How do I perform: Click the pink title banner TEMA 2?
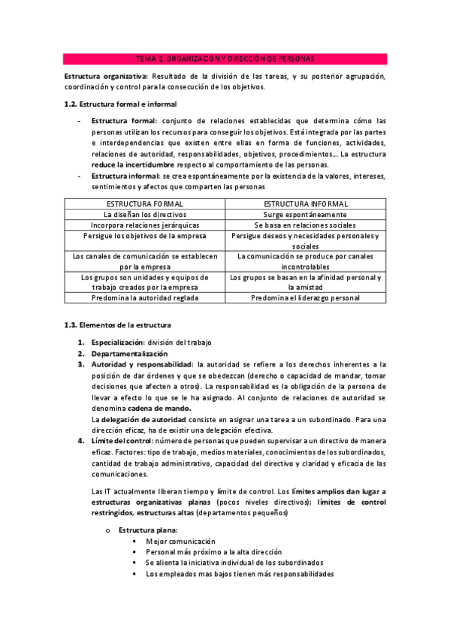coord(225,59)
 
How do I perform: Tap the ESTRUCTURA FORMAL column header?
coord(145,204)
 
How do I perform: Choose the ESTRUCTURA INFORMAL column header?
coord(306,204)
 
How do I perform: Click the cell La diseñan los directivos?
coord(145,214)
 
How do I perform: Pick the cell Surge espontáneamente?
coord(306,214)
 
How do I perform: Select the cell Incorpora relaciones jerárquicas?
coord(145,225)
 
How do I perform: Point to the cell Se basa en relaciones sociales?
coord(306,225)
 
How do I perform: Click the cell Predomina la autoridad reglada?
coord(145,297)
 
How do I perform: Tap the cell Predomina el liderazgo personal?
coord(306,297)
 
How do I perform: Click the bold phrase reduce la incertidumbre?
coord(133,164)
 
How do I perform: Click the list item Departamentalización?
coord(129,353)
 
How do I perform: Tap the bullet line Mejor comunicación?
coord(180,541)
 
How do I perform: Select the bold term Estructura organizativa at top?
coord(105,77)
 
